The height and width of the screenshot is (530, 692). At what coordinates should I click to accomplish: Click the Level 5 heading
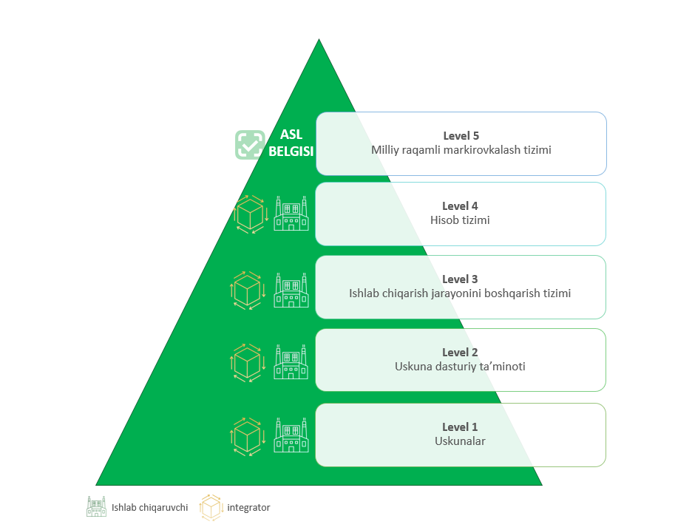[461, 136]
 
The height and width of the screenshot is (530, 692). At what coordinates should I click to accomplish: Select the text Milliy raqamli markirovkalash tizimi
[461, 150]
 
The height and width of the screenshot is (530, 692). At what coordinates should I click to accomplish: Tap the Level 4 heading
[460, 206]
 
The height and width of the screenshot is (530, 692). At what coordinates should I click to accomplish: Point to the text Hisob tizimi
[460, 220]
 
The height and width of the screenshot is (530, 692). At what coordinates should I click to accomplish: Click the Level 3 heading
[460, 279]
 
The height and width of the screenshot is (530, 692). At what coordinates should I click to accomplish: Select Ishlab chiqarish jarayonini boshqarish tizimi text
[460, 293]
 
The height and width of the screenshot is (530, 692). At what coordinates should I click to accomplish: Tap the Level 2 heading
[460, 353]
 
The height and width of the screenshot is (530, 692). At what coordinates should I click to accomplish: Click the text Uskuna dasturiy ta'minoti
[460, 367]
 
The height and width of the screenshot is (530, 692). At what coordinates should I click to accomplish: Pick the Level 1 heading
[460, 427]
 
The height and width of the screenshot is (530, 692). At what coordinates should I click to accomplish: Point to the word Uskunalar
[460, 441]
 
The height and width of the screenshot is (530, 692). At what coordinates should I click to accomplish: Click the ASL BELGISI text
[291, 143]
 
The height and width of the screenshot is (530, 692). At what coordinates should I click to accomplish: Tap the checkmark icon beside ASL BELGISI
[250, 144]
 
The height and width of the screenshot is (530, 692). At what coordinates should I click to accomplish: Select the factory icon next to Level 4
[291, 214]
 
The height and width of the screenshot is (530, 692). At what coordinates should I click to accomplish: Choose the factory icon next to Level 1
[291, 435]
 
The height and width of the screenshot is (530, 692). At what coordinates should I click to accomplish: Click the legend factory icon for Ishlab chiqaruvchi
[96, 506]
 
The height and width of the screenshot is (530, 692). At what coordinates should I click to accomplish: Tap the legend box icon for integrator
[211, 507]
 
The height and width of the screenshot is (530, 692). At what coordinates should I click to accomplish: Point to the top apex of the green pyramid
[319, 40]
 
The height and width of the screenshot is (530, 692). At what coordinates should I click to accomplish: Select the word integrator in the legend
[248, 508]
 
